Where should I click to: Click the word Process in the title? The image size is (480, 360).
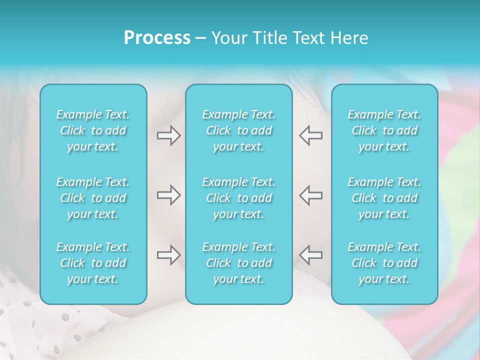157,38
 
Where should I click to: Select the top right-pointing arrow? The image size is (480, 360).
168,135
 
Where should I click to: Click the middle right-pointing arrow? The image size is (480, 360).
168,195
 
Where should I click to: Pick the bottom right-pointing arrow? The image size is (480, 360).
168,255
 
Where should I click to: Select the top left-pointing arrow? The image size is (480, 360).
310,135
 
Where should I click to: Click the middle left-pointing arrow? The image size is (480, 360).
310,195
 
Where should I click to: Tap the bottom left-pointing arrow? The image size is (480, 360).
310,255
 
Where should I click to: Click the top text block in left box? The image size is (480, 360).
93,130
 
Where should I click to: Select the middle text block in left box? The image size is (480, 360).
93,198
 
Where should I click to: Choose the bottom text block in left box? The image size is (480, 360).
93,263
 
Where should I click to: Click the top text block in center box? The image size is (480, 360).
239,130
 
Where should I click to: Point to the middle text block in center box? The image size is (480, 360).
239,198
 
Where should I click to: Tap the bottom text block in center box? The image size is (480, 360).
239,263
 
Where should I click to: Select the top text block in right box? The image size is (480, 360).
384,130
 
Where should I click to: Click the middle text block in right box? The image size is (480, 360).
384,198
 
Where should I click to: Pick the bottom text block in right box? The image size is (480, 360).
384,263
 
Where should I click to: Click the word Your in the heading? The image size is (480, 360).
228,38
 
